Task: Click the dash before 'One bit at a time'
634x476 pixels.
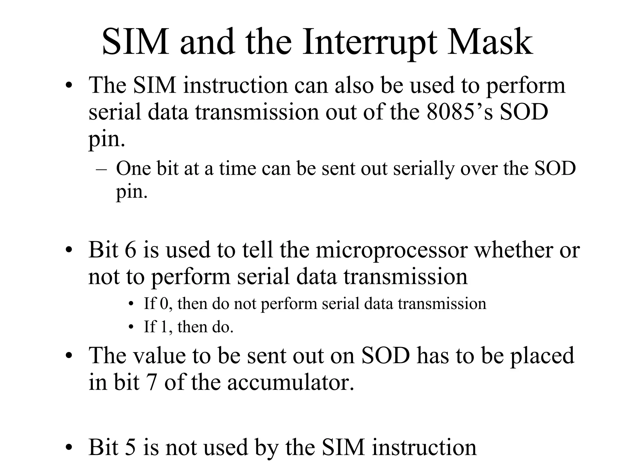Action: pyautogui.click(x=101, y=169)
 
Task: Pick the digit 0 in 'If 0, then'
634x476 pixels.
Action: pyautogui.click(x=164, y=303)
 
